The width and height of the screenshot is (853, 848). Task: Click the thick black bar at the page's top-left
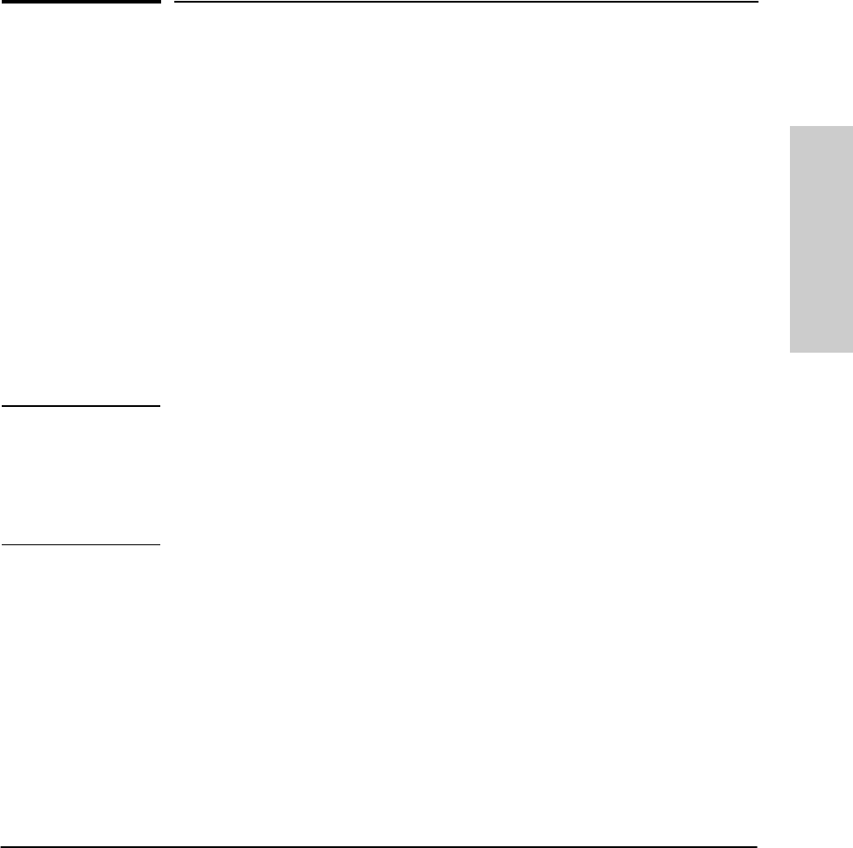click(81, 3)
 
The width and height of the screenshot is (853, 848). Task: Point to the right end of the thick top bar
click(161, 3)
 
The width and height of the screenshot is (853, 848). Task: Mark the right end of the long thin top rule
click(757, 2)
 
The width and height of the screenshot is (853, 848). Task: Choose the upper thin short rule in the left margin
click(81, 406)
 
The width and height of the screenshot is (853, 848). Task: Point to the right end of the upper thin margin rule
click(161, 406)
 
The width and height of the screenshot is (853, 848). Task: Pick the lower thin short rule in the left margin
click(81, 545)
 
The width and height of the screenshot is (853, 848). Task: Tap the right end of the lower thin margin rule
click(161, 545)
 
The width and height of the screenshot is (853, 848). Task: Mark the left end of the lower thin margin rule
click(1, 545)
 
